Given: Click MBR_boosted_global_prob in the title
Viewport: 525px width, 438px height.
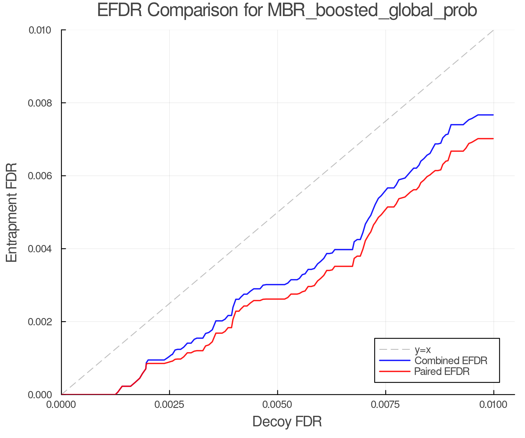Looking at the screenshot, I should point(372,11).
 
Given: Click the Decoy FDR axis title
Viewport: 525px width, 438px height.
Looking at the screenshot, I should point(287,422).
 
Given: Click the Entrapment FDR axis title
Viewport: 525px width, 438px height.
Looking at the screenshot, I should point(12,212).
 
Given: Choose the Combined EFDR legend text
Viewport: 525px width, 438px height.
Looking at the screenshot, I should point(451,361).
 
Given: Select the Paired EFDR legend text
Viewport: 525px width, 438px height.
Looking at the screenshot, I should point(442,371).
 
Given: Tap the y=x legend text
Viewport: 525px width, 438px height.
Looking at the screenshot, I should point(423,350).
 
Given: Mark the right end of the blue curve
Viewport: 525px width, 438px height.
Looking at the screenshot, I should point(493,115).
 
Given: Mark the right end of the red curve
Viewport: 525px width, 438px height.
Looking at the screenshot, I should point(493,139).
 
